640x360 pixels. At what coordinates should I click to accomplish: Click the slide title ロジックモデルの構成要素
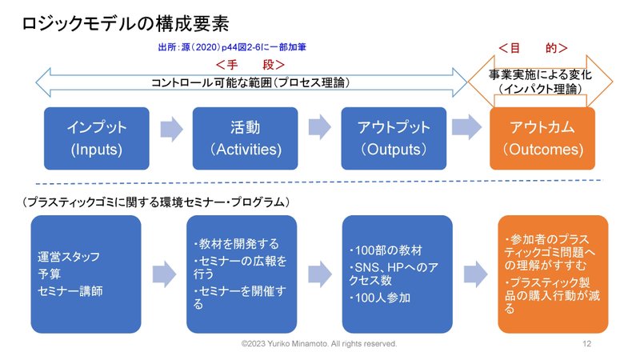(125, 24)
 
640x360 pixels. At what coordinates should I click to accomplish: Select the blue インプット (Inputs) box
(97, 138)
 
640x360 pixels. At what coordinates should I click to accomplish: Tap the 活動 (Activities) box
(246, 138)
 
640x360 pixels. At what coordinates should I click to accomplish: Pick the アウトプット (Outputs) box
(394, 138)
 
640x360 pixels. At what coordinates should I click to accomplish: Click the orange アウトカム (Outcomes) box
(542, 138)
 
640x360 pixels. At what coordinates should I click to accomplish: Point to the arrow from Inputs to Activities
(171, 129)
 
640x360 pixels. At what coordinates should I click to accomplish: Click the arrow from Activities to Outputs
(319, 127)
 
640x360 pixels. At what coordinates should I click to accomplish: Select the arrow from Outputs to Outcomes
(467, 127)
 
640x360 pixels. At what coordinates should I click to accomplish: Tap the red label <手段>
(250, 65)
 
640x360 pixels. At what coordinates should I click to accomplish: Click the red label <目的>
(533, 48)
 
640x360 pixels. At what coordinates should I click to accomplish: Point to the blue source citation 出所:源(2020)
(232, 47)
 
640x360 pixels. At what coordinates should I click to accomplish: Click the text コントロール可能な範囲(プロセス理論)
(250, 82)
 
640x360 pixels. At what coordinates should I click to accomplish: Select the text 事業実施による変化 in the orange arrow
(540, 74)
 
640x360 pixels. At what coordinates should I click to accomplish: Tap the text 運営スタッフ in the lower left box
(69, 257)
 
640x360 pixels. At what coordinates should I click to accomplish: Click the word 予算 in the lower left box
(49, 274)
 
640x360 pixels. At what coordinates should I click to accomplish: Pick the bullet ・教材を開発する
(236, 244)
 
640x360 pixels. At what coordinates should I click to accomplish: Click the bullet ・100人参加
(379, 298)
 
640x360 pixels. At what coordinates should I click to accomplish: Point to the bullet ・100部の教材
(386, 250)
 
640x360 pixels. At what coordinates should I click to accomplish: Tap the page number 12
(587, 344)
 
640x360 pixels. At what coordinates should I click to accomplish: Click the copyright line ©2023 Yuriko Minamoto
(318, 344)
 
